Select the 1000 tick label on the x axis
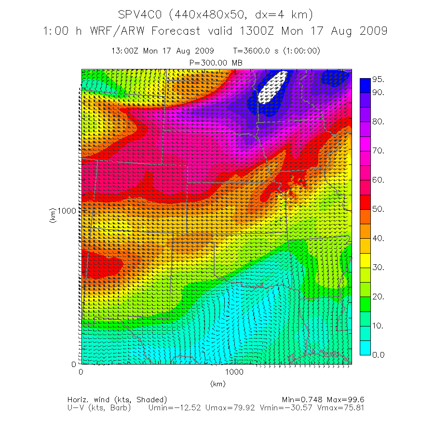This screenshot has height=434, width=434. tap(234, 372)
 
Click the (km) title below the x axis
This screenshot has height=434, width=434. tap(217, 384)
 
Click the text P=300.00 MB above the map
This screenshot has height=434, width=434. tap(216, 63)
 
